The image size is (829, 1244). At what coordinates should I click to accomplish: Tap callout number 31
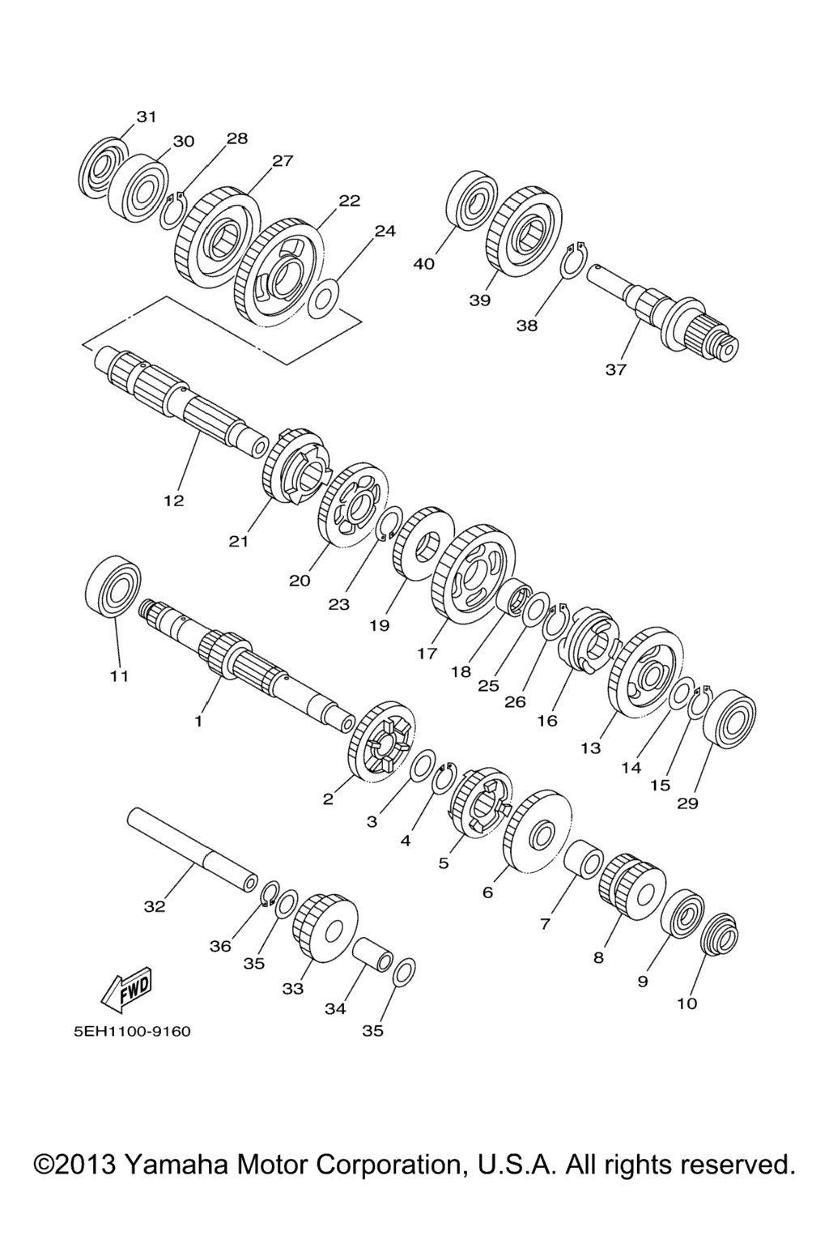coord(147,117)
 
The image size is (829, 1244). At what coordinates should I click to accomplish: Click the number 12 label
coord(174,501)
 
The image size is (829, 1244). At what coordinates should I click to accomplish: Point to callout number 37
coord(616,369)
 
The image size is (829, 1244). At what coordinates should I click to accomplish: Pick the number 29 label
coord(687,803)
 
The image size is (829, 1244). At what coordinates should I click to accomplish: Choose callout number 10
coord(687,1003)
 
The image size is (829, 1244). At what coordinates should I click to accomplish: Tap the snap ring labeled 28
coord(174,211)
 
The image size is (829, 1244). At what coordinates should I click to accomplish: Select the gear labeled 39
coord(524,231)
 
